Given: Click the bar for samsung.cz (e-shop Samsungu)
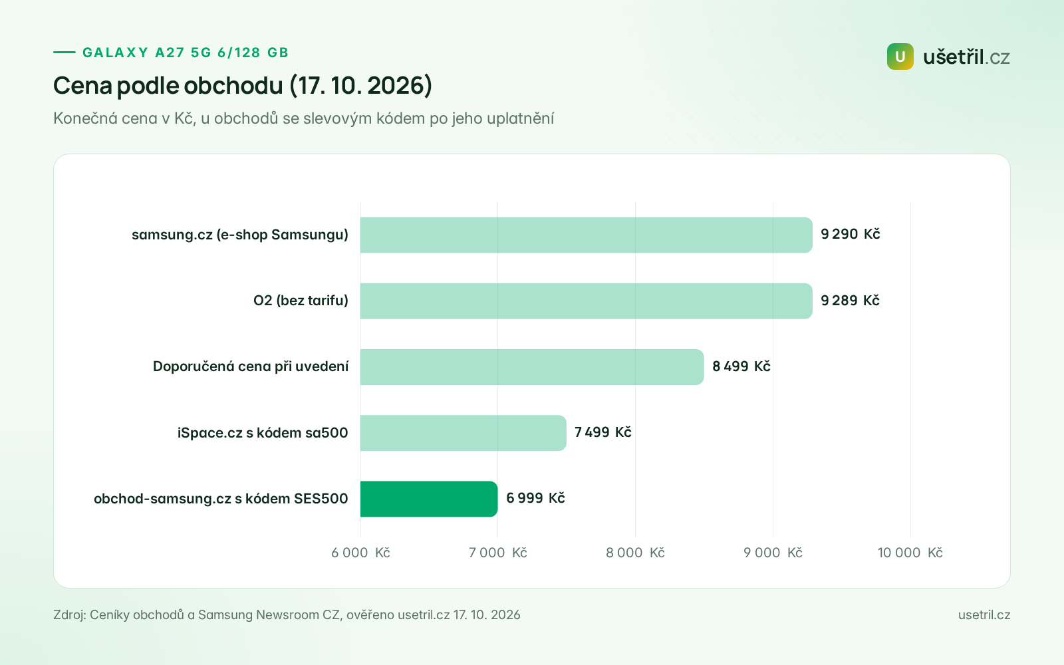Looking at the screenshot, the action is [x=586, y=235].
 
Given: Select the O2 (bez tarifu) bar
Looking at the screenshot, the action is [x=586, y=301].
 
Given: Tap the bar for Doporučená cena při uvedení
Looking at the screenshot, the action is [x=532, y=367].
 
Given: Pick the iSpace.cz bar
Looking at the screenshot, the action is [x=463, y=433].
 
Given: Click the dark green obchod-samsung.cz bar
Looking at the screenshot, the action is [x=429, y=499].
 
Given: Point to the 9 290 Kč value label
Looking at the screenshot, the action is [x=851, y=234].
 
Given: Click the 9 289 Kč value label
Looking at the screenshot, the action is [x=850, y=300].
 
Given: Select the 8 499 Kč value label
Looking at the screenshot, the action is [x=741, y=366].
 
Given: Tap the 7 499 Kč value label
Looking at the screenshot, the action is [x=602, y=432].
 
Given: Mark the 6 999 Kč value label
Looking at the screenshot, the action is [x=535, y=498].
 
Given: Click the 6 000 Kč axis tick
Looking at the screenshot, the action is [x=360, y=553].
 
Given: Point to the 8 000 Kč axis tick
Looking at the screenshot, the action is [x=635, y=553].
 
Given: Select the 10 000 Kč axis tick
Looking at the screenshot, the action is [x=910, y=553].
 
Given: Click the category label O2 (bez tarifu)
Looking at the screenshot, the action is [x=301, y=301].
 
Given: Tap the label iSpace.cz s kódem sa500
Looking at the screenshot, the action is [x=263, y=433].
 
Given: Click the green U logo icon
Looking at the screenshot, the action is [x=900, y=57].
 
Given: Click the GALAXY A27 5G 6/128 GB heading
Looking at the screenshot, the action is [x=186, y=53].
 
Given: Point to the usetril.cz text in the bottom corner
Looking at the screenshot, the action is [x=984, y=614].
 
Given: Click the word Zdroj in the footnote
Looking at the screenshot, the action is [x=69, y=614].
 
